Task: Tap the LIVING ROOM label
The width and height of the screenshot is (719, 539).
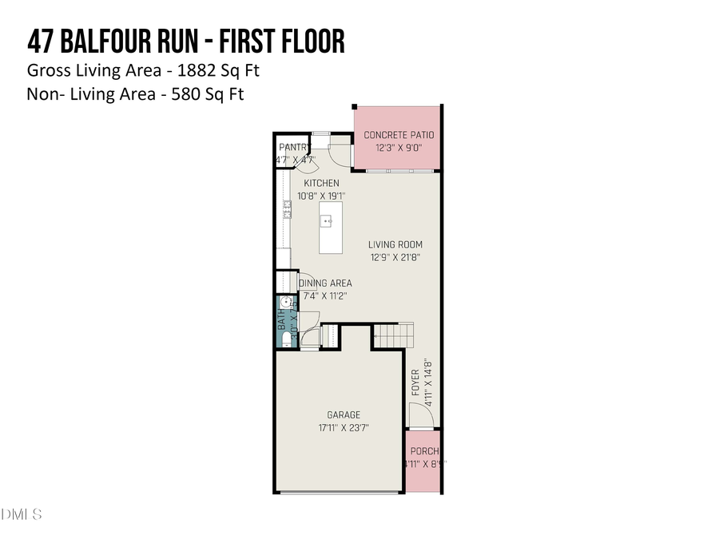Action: point(395,245)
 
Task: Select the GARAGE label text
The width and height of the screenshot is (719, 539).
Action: point(343,415)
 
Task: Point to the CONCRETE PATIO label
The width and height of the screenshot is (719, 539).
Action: point(399,136)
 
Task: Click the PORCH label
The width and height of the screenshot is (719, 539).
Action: point(425,451)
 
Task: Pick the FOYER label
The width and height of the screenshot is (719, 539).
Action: point(415,383)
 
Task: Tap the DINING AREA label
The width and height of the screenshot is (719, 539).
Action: point(325,283)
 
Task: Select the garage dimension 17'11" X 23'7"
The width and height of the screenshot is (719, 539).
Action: point(343,428)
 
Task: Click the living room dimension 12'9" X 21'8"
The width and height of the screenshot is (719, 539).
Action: point(395,257)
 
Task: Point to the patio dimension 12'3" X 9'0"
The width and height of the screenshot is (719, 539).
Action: point(399,148)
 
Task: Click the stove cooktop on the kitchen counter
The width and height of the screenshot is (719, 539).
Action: point(285,208)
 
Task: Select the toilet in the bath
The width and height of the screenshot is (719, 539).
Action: point(285,338)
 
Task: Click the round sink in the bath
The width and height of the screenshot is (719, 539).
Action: point(284,303)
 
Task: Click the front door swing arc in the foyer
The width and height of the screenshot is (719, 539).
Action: point(415,413)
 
